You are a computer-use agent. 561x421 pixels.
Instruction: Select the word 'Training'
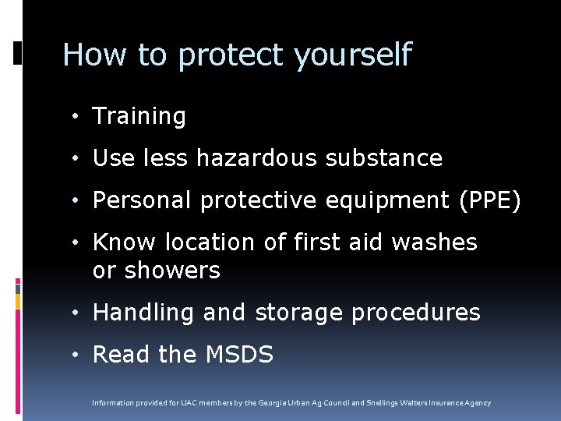(x=139, y=117)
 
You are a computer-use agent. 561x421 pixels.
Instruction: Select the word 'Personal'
(x=143, y=200)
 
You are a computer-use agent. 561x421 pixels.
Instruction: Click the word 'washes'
(x=434, y=242)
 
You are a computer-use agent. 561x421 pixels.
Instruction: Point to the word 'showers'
(x=172, y=271)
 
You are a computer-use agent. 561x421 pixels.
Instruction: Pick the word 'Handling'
(x=144, y=313)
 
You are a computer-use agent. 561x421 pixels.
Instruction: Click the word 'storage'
(x=299, y=313)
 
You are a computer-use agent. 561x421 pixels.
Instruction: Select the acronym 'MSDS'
(x=238, y=355)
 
